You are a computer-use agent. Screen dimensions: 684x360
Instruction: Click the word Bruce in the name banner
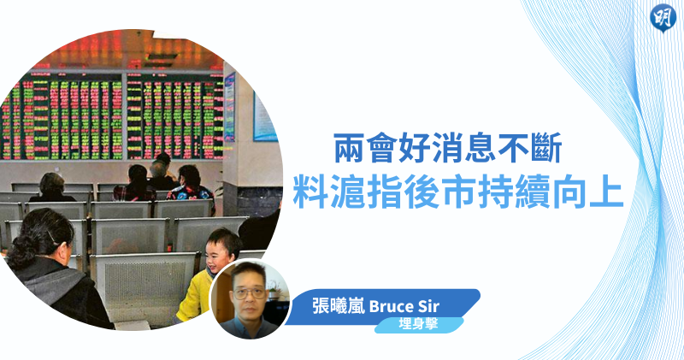pyautogui.click(x=392, y=306)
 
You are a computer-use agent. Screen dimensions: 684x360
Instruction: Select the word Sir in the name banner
pyautogui.click(x=428, y=306)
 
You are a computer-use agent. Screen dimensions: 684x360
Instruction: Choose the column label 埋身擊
pyautogui.click(x=418, y=324)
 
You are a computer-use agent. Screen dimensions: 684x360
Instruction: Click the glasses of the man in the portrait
pyautogui.click(x=249, y=292)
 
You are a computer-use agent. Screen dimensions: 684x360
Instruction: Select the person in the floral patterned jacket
pyautogui.click(x=191, y=188)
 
